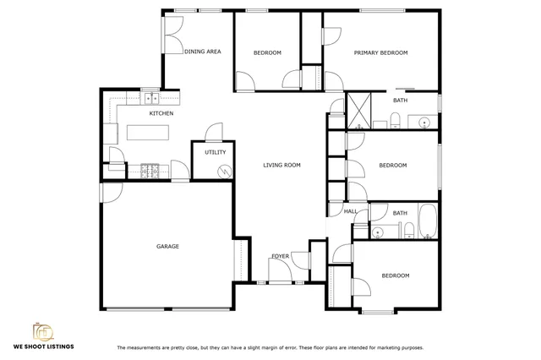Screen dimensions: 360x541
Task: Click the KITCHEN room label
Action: tap(161, 113)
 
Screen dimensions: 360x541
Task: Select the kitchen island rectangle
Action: tap(147, 133)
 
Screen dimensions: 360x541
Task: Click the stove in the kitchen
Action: tap(151, 171)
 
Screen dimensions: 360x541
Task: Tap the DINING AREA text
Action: tap(203, 52)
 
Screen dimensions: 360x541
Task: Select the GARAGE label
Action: tap(167, 247)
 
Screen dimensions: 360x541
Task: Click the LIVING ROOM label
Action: tap(281, 166)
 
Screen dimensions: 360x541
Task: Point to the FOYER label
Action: tap(280, 256)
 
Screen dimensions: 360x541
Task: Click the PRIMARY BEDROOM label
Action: tap(380, 53)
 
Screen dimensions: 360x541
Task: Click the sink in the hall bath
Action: tap(378, 231)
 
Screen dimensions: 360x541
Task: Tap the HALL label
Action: tap(349, 211)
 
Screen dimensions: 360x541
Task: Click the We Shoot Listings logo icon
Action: tap(43, 329)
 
